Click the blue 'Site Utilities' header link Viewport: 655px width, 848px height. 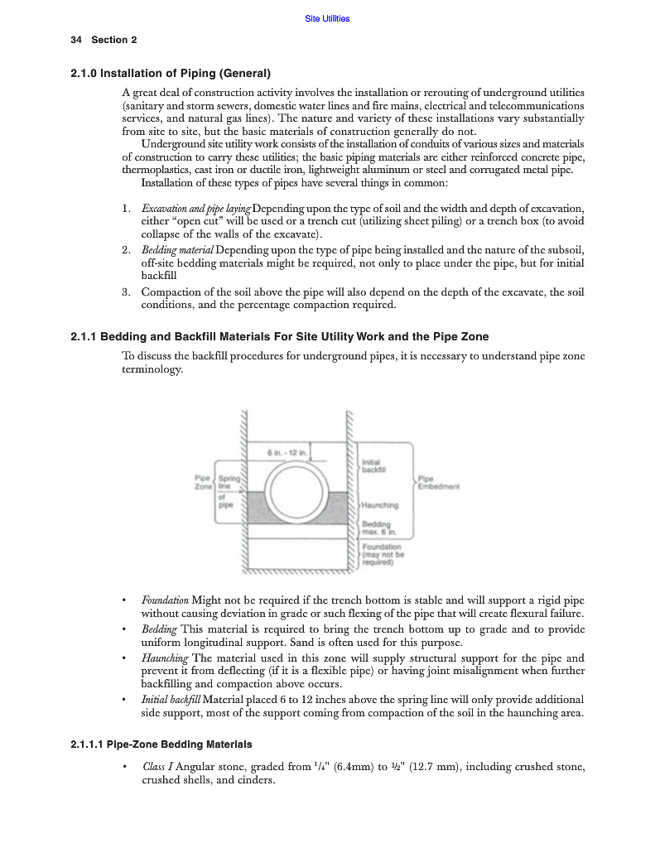pyautogui.click(x=327, y=18)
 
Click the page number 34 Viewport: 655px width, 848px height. pyautogui.click(x=76, y=40)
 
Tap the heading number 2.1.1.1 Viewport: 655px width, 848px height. pyautogui.click(x=88, y=744)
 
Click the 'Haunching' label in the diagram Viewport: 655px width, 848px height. pyautogui.click(x=380, y=505)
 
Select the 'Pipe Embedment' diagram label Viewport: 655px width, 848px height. pyautogui.click(x=438, y=483)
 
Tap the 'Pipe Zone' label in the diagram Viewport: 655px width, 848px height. pyautogui.click(x=203, y=483)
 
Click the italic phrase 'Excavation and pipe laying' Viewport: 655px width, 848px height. pyautogui.click(x=195, y=208)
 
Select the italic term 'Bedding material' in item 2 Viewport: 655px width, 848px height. pyautogui.click(x=177, y=250)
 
